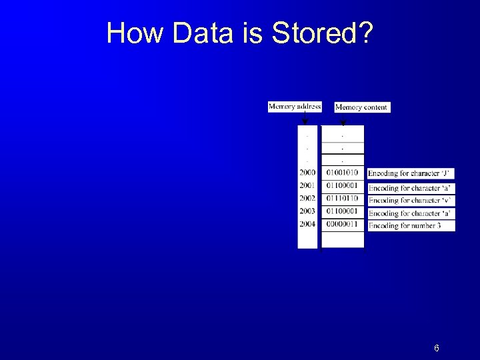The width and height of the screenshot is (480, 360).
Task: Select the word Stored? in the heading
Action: [322, 33]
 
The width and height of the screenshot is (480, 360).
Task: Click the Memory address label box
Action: [294, 107]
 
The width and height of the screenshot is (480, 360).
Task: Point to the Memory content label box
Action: [361, 107]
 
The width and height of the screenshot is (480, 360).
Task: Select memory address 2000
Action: [307, 173]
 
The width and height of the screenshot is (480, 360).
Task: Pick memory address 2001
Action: [307, 185]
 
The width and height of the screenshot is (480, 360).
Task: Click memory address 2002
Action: [307, 198]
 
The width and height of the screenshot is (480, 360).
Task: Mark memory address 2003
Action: [307, 211]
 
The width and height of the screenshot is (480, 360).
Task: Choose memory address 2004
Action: [307, 224]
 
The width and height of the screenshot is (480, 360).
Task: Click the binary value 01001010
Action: [342, 173]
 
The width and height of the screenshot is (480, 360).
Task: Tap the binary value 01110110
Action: [342, 198]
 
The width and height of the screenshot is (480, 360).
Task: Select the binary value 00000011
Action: [342, 224]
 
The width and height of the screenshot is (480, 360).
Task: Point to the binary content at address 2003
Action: [342, 211]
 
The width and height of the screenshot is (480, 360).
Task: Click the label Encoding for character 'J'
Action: [411, 173]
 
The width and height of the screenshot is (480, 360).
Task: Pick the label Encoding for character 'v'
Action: [411, 200]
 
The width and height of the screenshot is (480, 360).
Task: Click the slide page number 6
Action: [436, 349]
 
